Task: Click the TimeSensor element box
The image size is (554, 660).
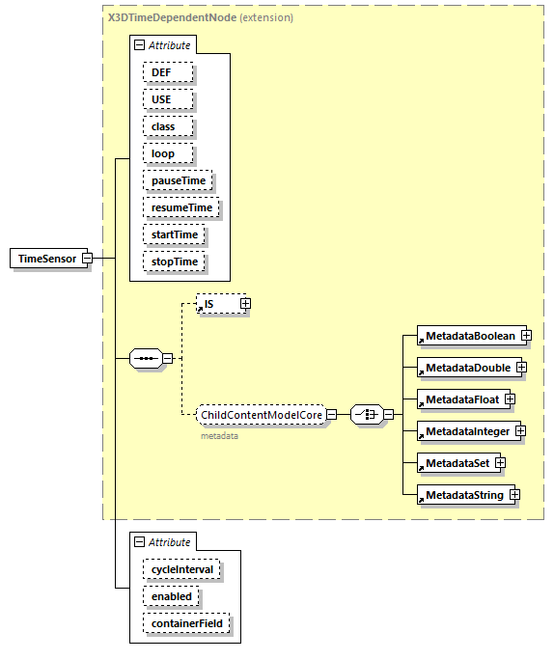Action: coord(46,259)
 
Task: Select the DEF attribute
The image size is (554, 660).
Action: coord(168,72)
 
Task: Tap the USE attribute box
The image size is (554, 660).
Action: coord(168,99)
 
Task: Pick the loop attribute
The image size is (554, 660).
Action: coord(168,153)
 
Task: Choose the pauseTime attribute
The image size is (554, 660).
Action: coord(178,180)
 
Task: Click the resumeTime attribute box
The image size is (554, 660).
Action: coord(180,207)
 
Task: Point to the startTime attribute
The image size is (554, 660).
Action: coord(174,234)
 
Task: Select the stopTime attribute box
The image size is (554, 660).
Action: coord(174,261)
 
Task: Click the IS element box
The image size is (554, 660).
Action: coord(215,304)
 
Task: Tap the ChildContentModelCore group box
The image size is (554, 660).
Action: coord(260,415)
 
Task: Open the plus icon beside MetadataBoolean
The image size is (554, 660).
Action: coord(526,335)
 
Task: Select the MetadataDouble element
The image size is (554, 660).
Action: coord(467,368)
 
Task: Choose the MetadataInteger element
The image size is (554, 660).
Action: coord(467,430)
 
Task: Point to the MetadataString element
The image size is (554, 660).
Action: coord(464,495)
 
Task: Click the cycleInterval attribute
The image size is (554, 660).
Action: coord(182,569)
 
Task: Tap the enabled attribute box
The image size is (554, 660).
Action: coord(172,596)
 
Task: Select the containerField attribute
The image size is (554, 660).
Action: coord(187,623)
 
